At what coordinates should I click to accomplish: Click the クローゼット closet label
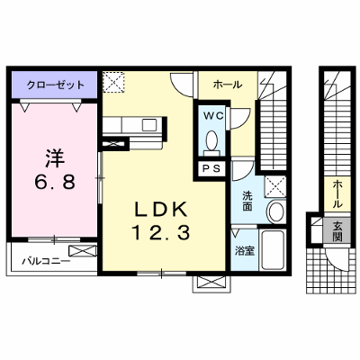pos(56,85)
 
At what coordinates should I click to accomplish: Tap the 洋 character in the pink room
pos(55,159)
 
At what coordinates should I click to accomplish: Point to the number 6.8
pos(55,183)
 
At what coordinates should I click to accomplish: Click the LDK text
pos(161,209)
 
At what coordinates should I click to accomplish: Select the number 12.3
pos(161,233)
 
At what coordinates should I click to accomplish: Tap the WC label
pos(213,115)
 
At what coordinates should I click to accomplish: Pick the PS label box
pos(212,168)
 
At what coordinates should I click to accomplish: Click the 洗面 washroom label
pos(247,201)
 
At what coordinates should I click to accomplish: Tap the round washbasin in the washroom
pos(276,211)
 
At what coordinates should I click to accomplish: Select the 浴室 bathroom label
pos(245,251)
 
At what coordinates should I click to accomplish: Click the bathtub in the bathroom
pos(273,250)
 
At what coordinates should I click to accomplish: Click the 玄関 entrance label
pos(337,231)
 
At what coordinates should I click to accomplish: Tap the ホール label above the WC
pos(228,85)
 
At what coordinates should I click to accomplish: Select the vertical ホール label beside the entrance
pos(337,193)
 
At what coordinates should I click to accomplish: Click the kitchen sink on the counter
pos(149,125)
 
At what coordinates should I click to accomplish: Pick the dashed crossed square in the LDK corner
pos(113,82)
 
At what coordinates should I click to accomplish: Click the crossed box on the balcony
pos(83,251)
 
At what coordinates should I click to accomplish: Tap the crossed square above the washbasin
pos(275,187)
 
